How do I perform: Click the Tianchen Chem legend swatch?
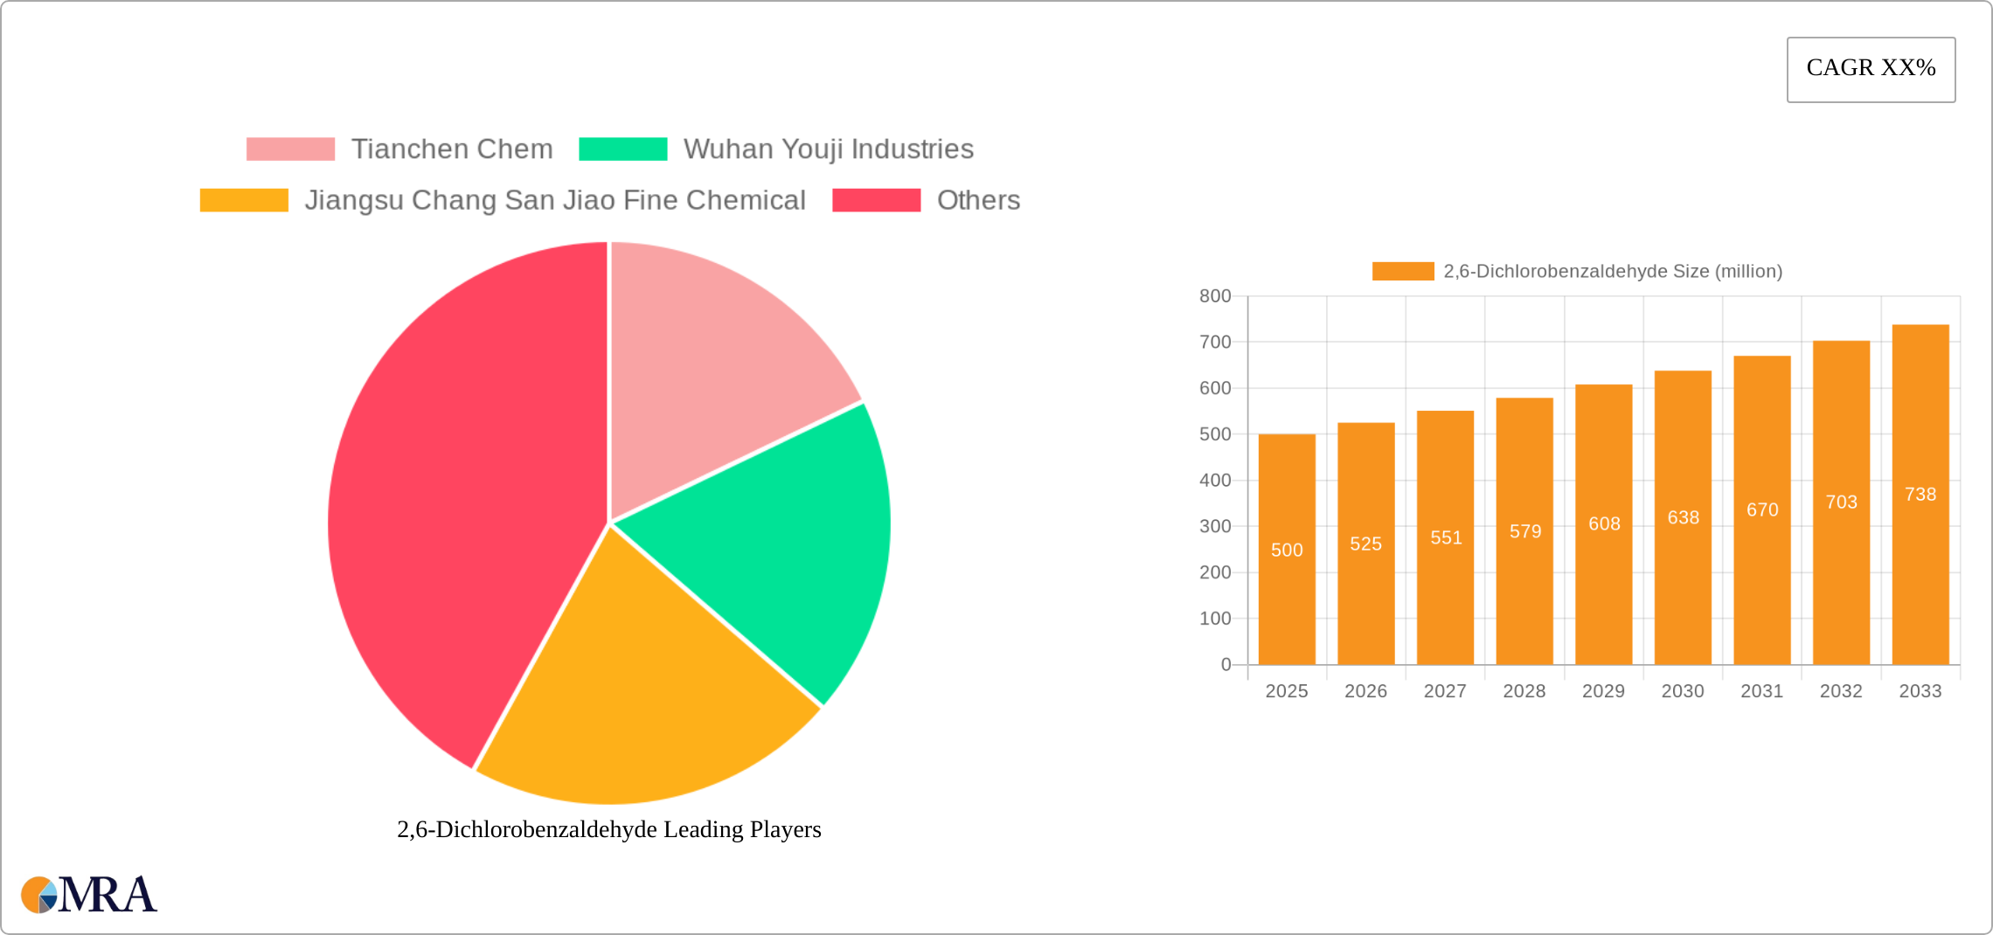pos(290,149)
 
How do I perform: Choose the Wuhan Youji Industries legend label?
pos(828,149)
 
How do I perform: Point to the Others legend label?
pos(978,200)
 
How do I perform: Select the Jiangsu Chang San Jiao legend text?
pos(554,200)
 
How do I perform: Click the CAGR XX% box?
pos(1871,69)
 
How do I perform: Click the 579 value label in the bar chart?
pos(1525,531)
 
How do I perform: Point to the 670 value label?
pos(1762,509)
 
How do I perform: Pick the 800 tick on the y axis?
pos(1215,296)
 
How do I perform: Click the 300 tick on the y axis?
pos(1215,526)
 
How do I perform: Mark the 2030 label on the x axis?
pos(1683,691)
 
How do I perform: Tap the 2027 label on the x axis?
pos(1445,691)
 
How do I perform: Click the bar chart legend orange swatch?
pos(1403,271)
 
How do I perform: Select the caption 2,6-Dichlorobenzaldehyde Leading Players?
pos(608,829)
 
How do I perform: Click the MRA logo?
pos(89,895)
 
